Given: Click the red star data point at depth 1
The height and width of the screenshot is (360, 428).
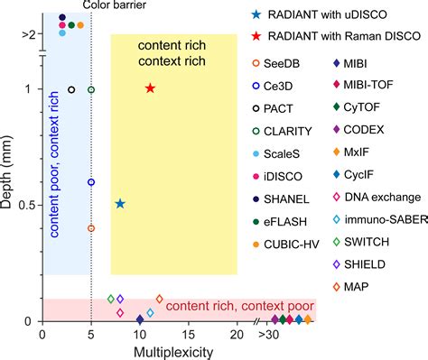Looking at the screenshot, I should tap(150, 88).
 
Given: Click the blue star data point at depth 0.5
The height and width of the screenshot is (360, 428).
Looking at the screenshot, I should tap(120, 205).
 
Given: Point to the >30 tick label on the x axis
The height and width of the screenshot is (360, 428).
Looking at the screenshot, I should tap(269, 334).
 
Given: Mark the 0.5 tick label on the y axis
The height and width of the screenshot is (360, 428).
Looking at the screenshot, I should tap(27, 205).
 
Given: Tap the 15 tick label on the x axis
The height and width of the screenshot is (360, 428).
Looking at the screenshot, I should tap(188, 334).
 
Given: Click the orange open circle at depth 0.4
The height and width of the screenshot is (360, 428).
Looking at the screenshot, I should tap(91, 228).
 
